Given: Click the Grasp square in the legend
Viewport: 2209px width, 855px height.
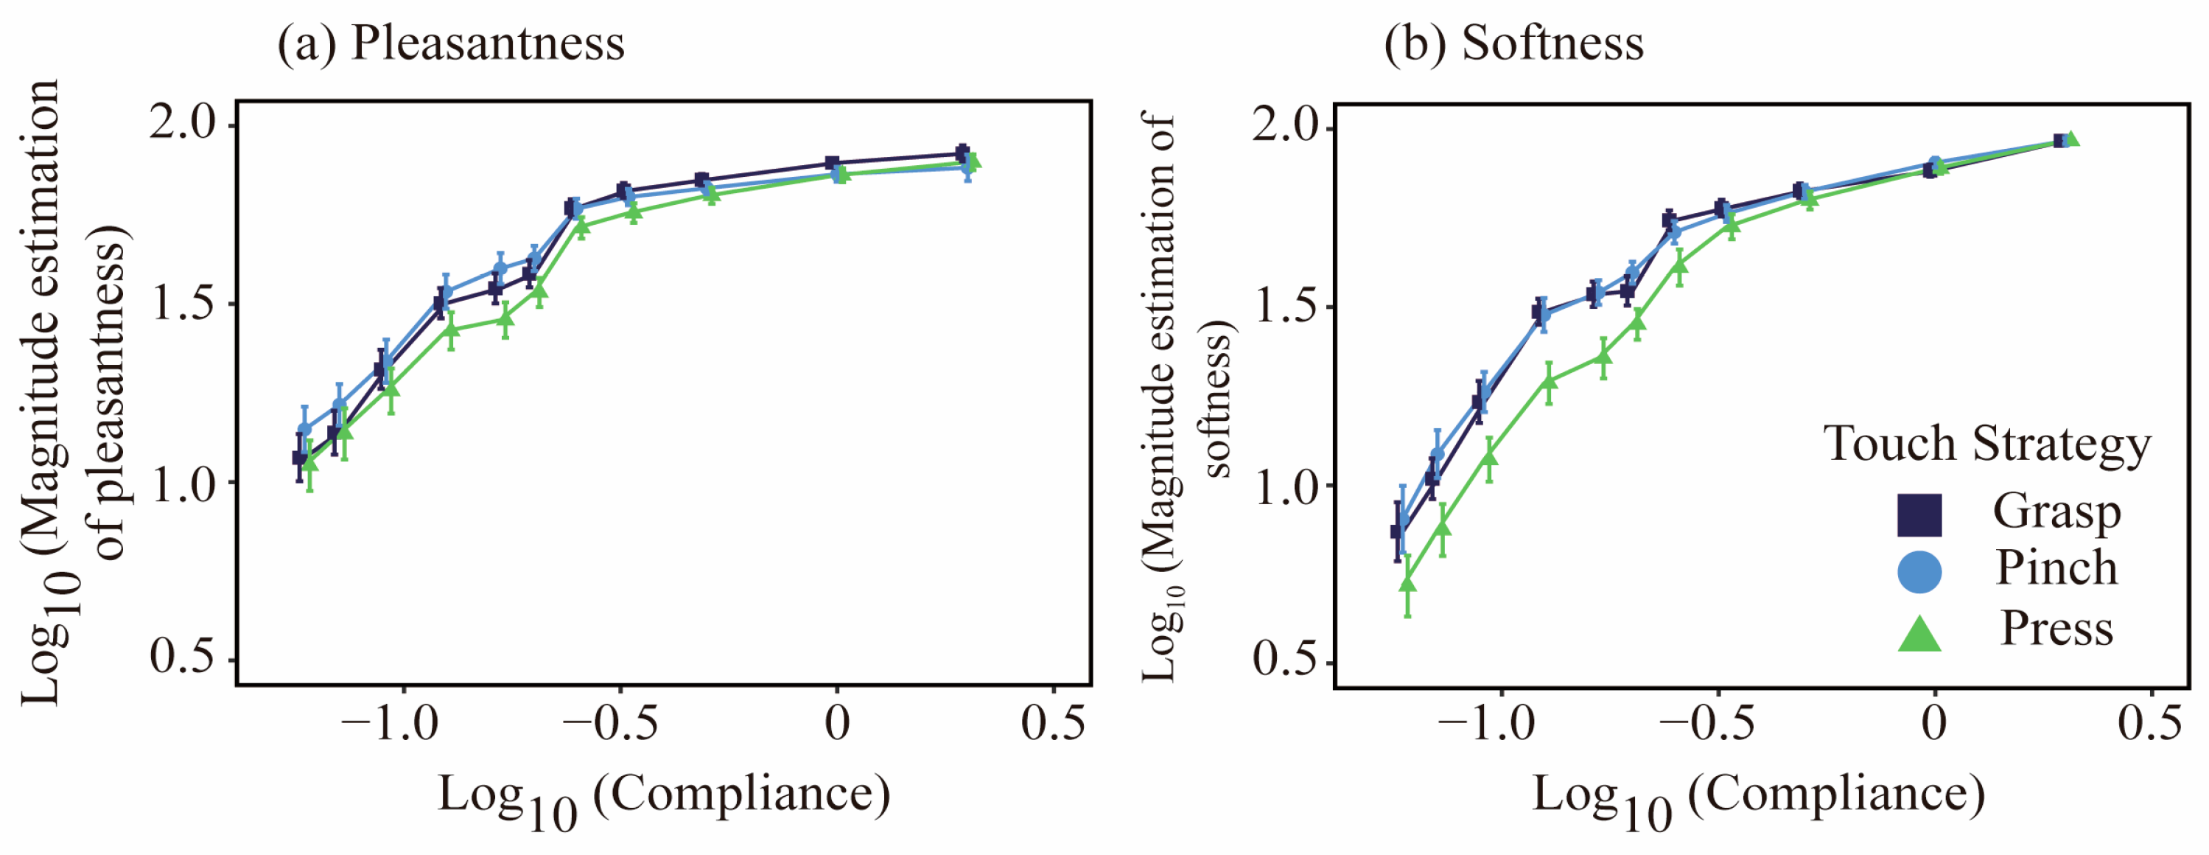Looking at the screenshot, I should [x=1919, y=515].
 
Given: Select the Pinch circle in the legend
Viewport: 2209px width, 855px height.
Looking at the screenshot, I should [x=1919, y=572].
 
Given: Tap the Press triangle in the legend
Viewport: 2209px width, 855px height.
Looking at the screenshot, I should [x=1919, y=633].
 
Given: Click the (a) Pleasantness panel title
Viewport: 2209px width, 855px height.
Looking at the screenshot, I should [x=450, y=43].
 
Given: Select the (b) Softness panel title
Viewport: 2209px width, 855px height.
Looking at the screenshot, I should [x=1513, y=43].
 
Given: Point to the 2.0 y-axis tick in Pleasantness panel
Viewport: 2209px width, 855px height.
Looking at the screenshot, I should [x=183, y=122].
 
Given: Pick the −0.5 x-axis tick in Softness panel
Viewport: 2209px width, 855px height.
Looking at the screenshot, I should [x=1706, y=723].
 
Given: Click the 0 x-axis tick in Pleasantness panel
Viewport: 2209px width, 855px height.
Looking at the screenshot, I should [x=837, y=723].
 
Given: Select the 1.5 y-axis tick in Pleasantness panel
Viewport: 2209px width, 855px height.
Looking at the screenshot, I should [x=183, y=302].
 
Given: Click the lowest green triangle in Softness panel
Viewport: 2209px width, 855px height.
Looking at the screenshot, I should [x=1407, y=584].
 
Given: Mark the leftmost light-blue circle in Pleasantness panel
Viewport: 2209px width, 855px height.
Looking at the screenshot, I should [x=304, y=430].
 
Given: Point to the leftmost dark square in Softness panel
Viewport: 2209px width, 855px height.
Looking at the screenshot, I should [x=1397, y=531].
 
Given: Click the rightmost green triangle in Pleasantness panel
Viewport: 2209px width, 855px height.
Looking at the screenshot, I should [x=972, y=161].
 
